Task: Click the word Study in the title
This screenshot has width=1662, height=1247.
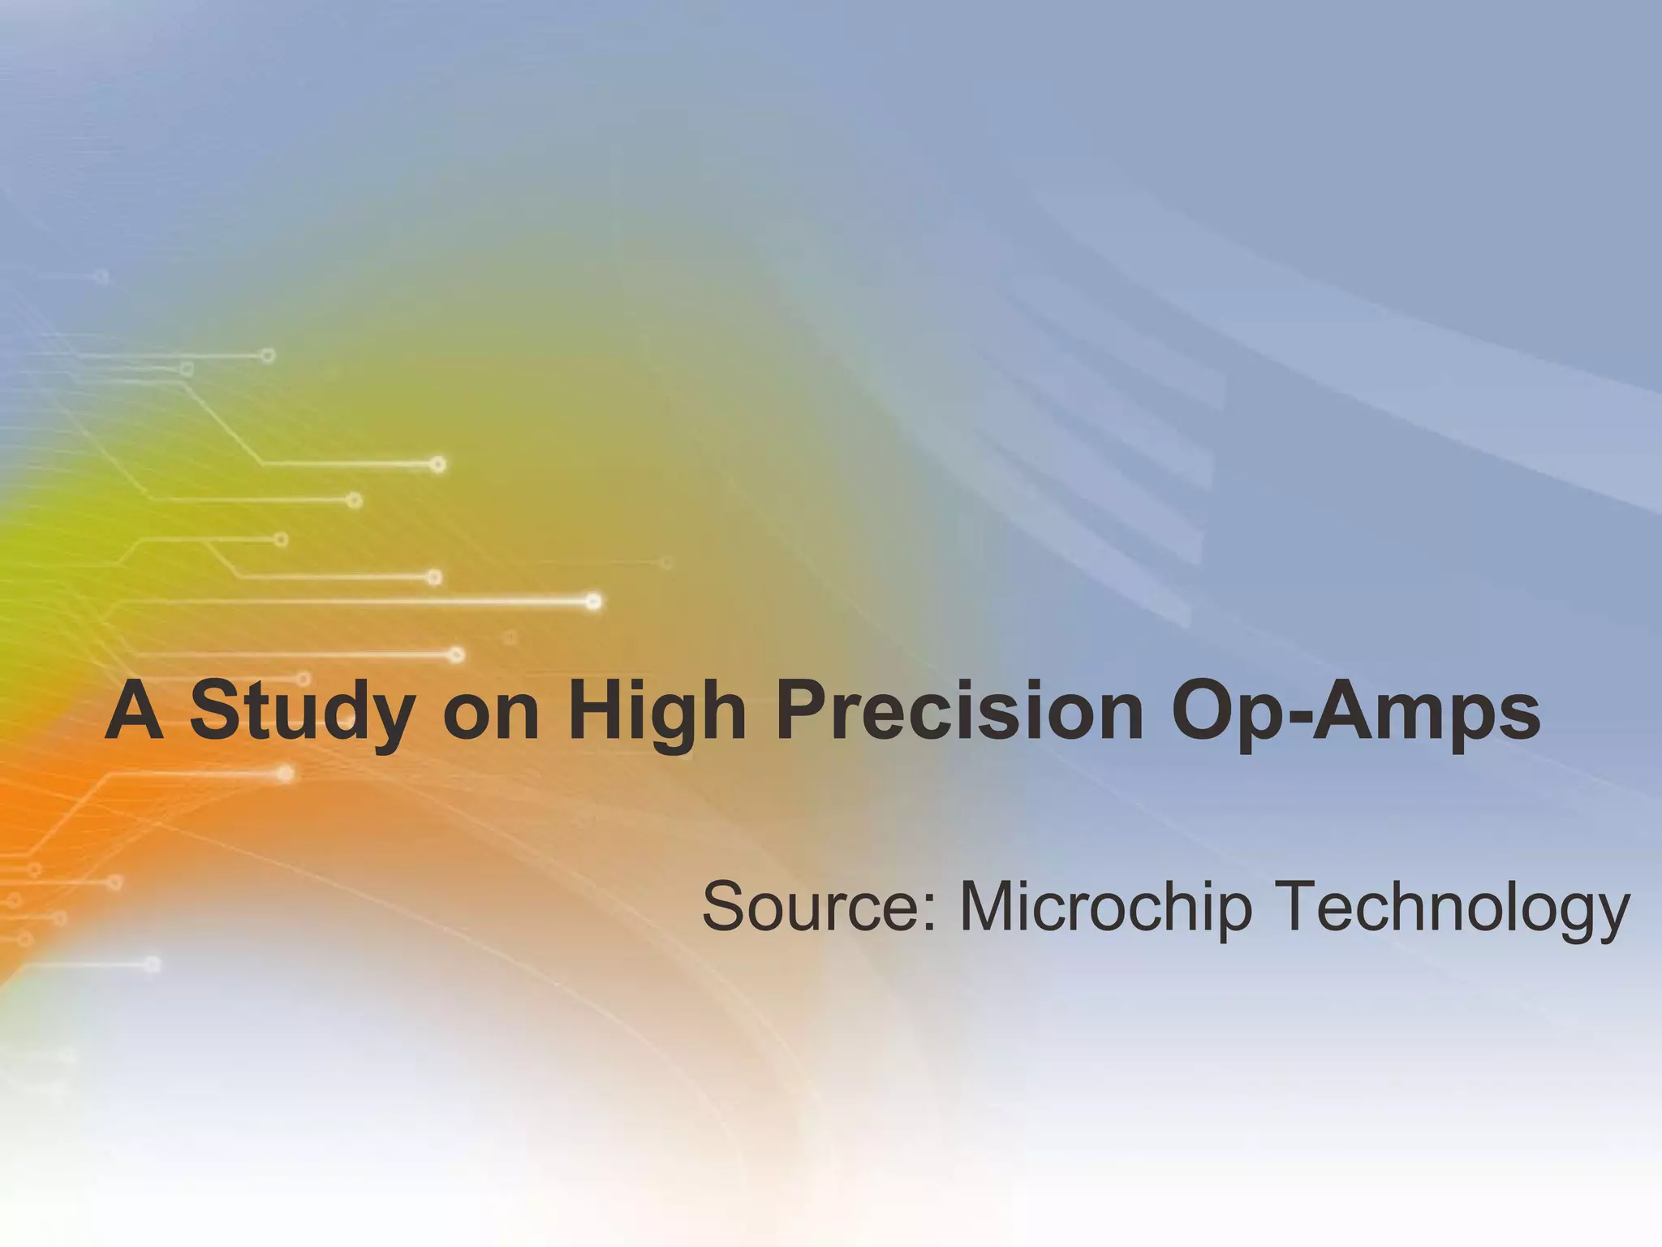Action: click(302, 711)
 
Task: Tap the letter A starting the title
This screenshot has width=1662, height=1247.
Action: click(134, 711)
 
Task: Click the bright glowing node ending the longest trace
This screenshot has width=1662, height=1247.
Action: click(593, 602)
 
